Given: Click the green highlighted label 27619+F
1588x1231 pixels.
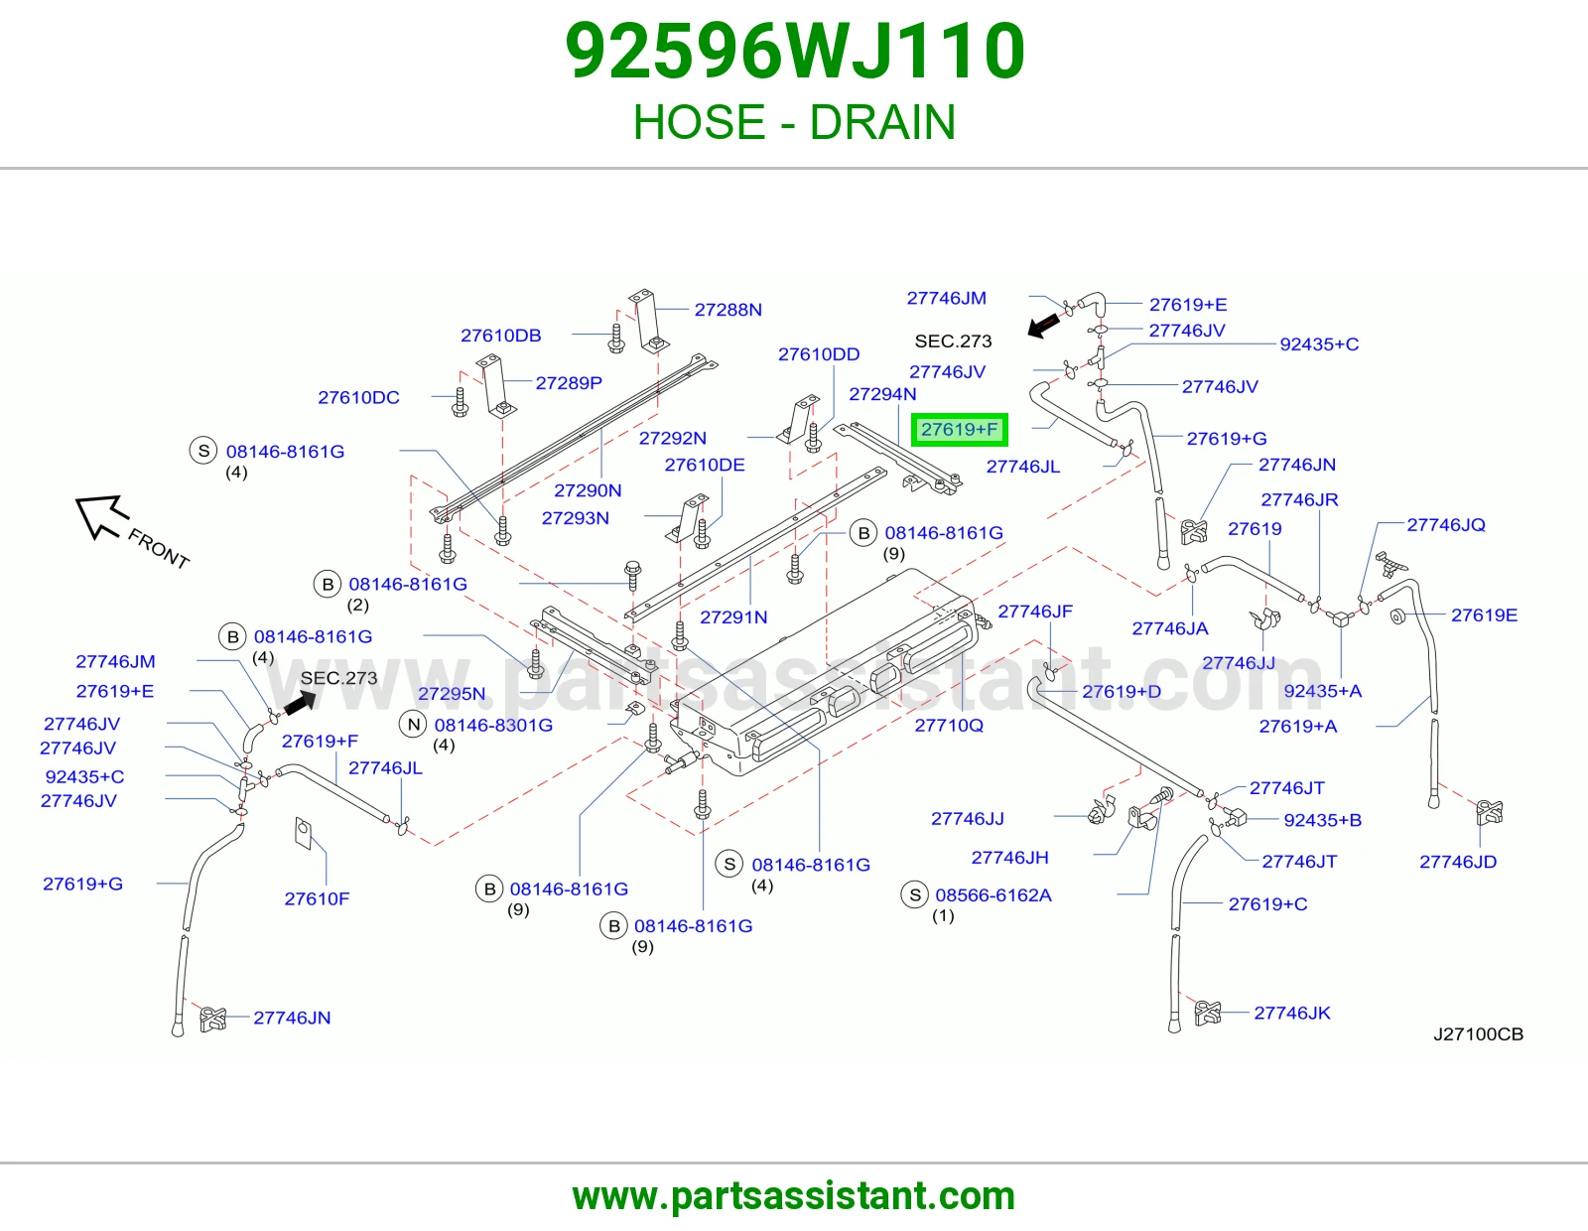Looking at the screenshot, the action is (x=959, y=429).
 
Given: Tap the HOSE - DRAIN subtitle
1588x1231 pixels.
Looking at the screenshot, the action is (x=794, y=121).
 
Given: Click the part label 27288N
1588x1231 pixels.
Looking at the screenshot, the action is (x=728, y=309).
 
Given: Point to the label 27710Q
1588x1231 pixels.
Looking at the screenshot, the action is (x=949, y=725).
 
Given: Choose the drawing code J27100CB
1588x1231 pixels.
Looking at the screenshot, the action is (x=1478, y=1033).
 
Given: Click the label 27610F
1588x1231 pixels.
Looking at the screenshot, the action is (x=317, y=898).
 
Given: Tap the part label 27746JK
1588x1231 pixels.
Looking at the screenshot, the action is (x=1292, y=1013).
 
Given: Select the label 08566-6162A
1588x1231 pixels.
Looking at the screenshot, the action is (x=993, y=894).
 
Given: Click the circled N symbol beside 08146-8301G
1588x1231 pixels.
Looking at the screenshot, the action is (x=414, y=725).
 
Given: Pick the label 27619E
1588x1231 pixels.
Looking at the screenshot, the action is (x=1484, y=615).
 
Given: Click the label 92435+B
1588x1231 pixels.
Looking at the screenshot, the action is (x=1323, y=820).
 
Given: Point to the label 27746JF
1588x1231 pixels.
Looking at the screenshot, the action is (x=1035, y=612).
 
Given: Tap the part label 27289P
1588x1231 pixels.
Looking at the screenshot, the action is (x=569, y=383).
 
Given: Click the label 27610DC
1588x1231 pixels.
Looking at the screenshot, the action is (x=358, y=397).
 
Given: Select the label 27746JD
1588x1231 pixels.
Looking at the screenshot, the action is (x=1458, y=862).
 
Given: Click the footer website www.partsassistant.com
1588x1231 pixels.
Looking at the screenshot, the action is (x=794, y=1196).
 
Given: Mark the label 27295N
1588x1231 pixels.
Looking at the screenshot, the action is (x=451, y=693).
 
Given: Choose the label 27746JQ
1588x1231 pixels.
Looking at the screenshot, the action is (x=1446, y=525).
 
